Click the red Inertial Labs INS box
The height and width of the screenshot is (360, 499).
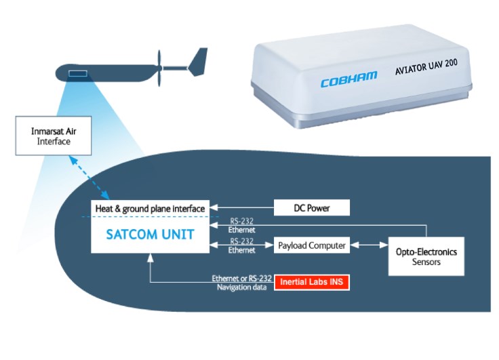point(312,283)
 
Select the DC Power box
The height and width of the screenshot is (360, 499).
point(312,207)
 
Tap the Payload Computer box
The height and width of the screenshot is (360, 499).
point(312,245)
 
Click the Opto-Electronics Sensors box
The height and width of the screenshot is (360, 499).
point(426,256)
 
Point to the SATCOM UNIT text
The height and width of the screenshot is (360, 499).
point(149,235)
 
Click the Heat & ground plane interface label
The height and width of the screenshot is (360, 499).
point(149,207)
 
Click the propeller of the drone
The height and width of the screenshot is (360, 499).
point(160,66)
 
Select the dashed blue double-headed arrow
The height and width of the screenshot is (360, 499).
point(92,174)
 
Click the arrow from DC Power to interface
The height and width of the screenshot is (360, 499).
point(241,207)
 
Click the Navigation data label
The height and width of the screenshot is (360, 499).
point(242,287)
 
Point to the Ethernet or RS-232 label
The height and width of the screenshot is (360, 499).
point(242,279)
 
